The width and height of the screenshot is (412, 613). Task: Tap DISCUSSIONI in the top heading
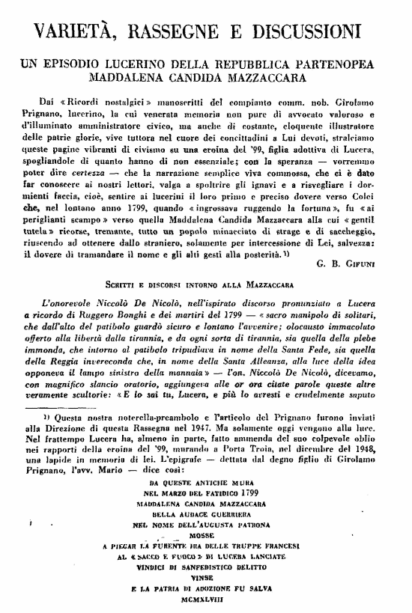323,31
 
